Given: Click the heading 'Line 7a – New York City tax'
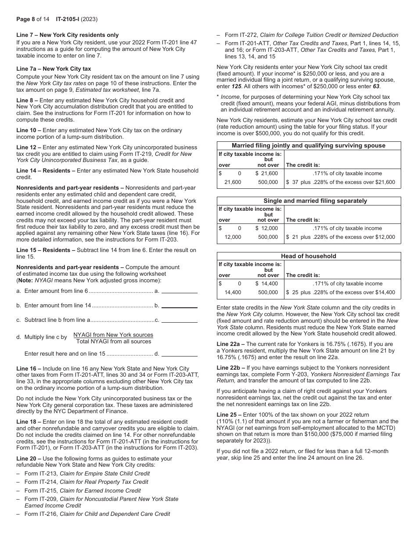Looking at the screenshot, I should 54,69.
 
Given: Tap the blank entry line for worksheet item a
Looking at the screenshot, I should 180,291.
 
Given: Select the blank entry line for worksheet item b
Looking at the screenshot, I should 180,306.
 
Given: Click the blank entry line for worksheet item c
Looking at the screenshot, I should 180,320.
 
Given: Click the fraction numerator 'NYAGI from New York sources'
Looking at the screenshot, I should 113,335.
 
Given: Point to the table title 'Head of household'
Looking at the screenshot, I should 309,256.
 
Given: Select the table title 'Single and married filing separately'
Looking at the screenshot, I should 309,201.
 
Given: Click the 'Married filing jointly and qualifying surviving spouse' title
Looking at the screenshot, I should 309,145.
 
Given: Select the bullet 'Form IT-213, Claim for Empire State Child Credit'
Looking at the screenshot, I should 87,474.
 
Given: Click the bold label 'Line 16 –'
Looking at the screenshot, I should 29,369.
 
